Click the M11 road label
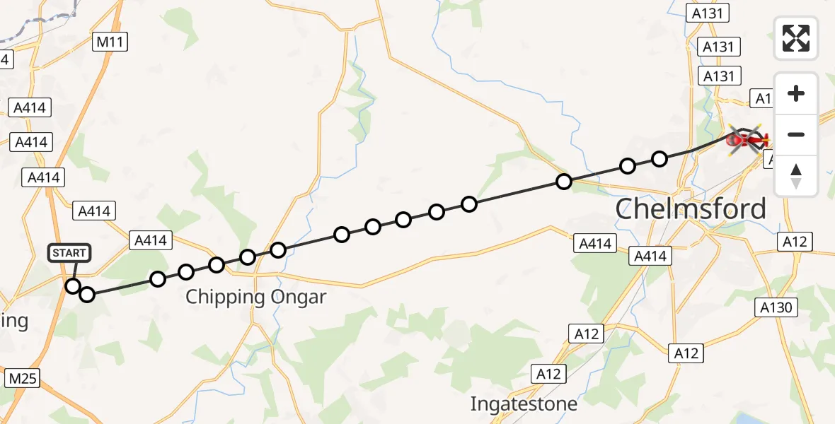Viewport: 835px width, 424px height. click(110, 42)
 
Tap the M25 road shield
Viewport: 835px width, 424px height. click(22, 379)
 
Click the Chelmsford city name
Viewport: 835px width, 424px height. click(690, 209)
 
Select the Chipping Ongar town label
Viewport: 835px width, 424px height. click(255, 297)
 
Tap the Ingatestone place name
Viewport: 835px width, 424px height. click(524, 404)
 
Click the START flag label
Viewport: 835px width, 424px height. click(69, 253)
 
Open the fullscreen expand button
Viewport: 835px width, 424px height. click(796, 38)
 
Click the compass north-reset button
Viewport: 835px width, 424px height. click(796, 176)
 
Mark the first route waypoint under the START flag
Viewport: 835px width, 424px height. click(73, 286)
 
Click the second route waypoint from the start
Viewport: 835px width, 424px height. click(86, 295)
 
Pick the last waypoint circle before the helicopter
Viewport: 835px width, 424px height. click(659, 159)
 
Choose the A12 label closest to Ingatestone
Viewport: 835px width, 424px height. click(549, 374)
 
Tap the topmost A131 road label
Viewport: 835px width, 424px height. click(706, 13)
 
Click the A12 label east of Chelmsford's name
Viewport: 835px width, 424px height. click(794, 242)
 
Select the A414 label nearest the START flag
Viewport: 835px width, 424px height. click(94, 211)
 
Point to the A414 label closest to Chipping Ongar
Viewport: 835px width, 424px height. click(150, 240)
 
